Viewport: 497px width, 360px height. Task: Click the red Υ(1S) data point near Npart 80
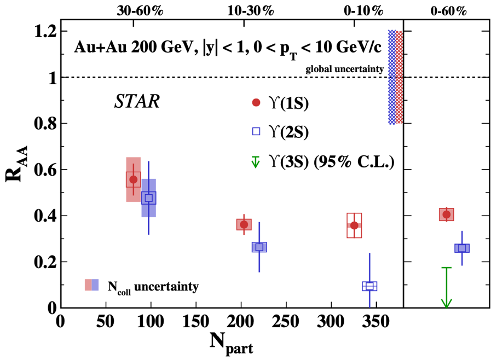click(x=133, y=179)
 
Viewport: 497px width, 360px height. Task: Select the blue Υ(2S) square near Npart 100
click(x=148, y=198)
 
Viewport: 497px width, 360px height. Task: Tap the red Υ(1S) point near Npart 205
click(x=244, y=224)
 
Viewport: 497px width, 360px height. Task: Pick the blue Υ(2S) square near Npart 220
click(x=259, y=247)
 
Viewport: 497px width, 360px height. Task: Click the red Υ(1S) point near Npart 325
click(x=354, y=225)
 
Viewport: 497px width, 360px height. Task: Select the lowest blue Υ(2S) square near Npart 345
click(x=369, y=286)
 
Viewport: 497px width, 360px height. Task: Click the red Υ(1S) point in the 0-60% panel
click(x=446, y=214)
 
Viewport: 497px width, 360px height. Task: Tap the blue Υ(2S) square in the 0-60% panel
click(x=462, y=248)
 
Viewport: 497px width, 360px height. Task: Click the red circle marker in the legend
click(x=256, y=102)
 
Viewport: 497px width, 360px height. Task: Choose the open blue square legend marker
click(x=256, y=131)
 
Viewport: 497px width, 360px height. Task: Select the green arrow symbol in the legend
click(x=256, y=161)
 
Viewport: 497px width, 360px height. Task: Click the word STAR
click(x=136, y=102)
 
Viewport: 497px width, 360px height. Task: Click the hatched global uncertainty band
click(x=395, y=77)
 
